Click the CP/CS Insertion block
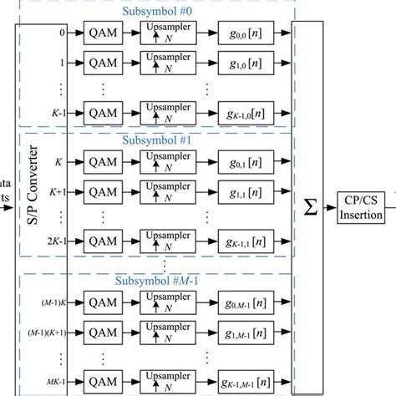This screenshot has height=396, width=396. [x=362, y=209]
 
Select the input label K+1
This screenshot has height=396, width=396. [x=55, y=191]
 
